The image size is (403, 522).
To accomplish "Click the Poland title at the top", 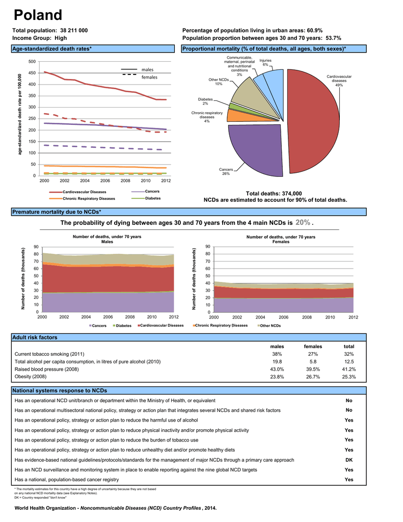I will click(x=38, y=15).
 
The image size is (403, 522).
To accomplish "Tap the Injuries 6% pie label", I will click(x=265, y=62).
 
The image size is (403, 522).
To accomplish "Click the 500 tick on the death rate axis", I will click(x=32, y=62).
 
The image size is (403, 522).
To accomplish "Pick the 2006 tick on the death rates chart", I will click(x=105, y=181).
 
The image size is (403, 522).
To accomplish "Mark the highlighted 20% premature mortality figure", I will click(x=302, y=222).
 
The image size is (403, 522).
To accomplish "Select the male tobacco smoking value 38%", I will click(x=277, y=354).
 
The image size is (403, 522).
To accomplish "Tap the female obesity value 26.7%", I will click(x=313, y=377).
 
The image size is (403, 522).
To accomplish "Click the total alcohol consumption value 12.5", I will click(x=349, y=361).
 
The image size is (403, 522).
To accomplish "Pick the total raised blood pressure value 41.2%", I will click(x=349, y=369).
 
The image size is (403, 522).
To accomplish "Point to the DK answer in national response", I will click(x=349, y=460).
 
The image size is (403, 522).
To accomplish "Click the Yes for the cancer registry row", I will click(x=349, y=480).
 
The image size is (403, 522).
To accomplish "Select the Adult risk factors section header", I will click(x=35, y=337).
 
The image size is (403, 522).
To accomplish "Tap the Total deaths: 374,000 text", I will click(x=275, y=194).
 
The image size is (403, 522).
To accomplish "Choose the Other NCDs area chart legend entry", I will click(x=270, y=325).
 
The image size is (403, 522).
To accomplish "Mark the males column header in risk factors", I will click(x=277, y=347).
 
